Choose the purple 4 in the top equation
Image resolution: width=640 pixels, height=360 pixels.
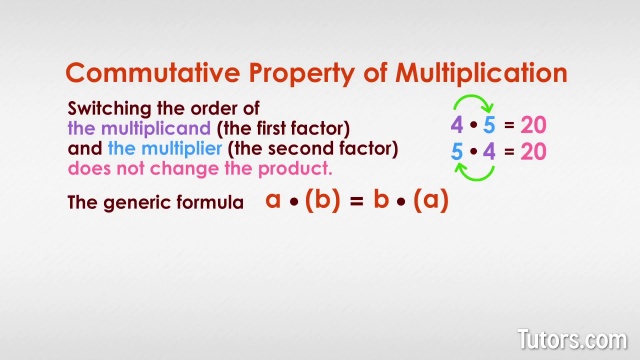[456, 126]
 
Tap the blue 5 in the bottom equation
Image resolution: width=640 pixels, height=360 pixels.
[456, 152]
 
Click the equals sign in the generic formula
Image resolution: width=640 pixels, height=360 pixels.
[355, 200]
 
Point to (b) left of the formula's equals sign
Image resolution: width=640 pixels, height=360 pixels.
[322, 200]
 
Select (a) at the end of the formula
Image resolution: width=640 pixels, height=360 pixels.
[432, 200]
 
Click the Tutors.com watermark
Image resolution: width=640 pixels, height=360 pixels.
[571, 338]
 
